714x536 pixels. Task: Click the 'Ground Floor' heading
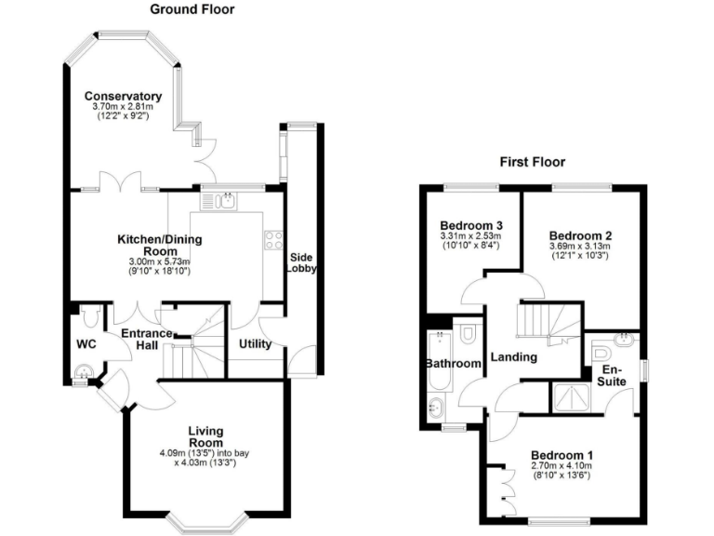tap(192, 9)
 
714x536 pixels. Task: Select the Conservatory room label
tap(123, 96)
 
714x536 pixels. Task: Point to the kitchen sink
tap(220, 200)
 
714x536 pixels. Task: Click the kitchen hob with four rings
tap(274, 239)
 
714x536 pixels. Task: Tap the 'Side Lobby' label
tap(301, 262)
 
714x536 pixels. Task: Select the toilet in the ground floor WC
tap(90, 318)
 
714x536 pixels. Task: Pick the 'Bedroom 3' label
tap(471, 226)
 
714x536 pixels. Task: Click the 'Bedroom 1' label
tap(563, 455)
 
